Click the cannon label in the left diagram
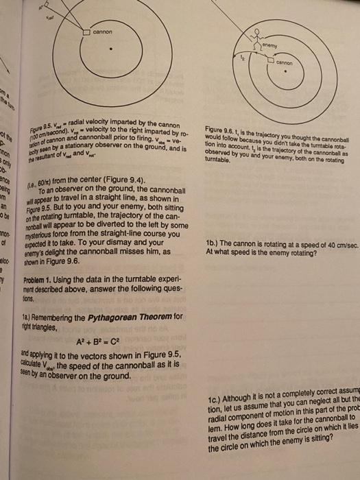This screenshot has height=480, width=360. (102, 33)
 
